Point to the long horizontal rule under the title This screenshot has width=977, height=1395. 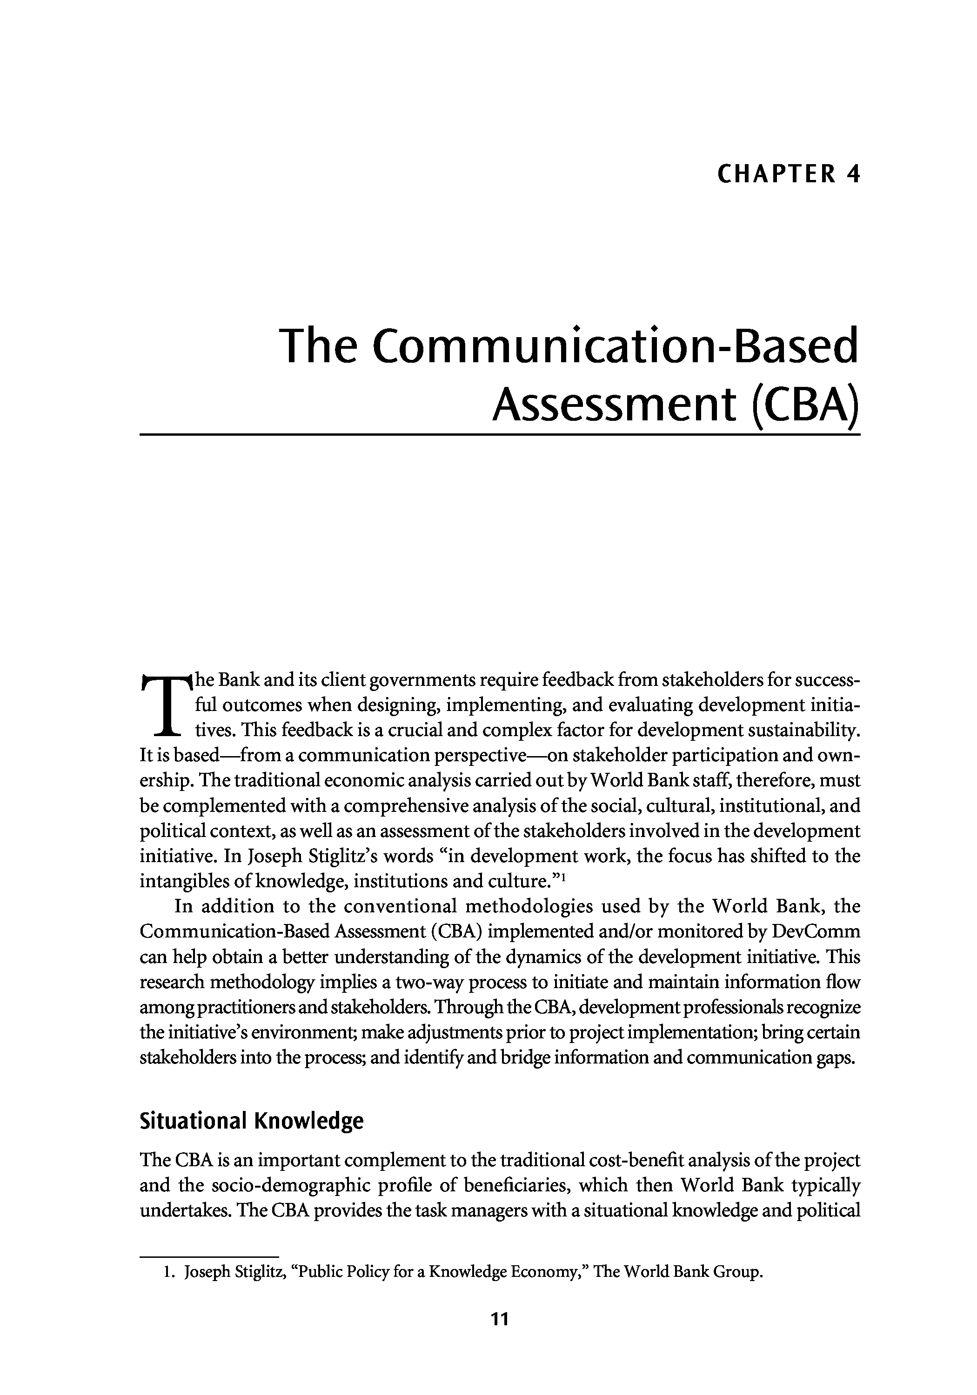(500, 434)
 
